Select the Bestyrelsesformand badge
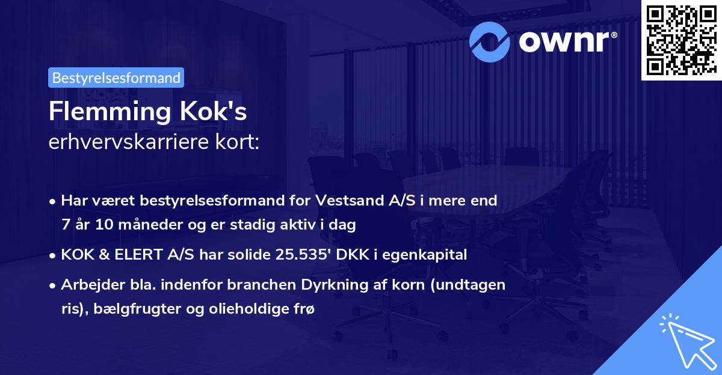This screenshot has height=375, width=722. (x=116, y=78)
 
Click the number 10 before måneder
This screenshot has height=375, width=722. (x=101, y=225)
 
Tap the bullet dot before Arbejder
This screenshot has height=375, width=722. (x=54, y=285)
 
